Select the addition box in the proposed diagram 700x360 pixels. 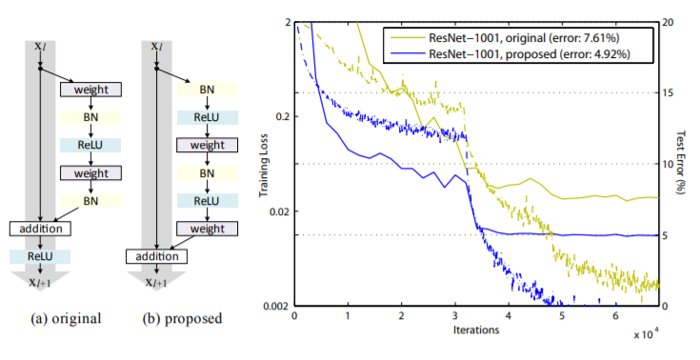pos(158,257)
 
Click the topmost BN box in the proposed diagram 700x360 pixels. pos(207,89)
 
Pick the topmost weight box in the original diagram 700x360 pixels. pos(91,90)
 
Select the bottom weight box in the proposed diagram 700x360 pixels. pos(207,229)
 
